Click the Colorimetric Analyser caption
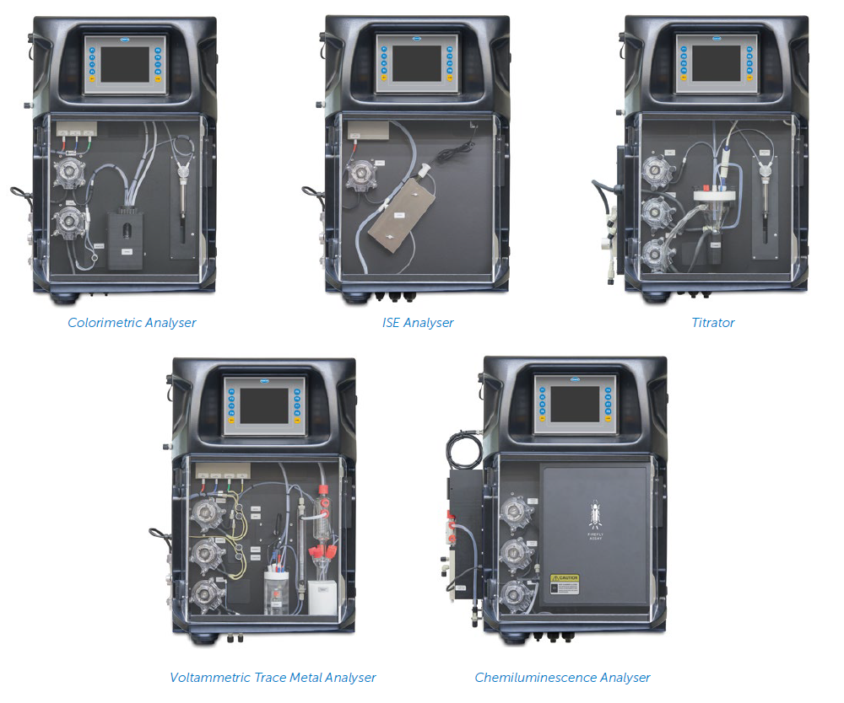click(x=132, y=323)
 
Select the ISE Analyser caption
click(x=418, y=323)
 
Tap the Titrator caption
click(x=713, y=323)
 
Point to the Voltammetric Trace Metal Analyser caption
click(x=273, y=678)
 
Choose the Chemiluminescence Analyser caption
click(x=562, y=678)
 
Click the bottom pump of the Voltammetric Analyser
click(x=204, y=593)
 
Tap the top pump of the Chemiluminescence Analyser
click(x=513, y=512)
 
